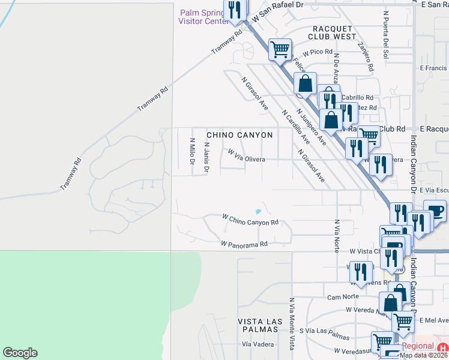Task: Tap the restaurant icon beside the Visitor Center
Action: (234, 10)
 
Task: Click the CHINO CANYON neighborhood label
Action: (240, 136)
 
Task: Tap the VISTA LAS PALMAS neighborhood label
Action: (258, 326)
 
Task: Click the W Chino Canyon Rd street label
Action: (250, 219)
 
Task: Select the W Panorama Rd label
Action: (243, 244)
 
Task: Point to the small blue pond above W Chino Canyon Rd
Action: (258, 211)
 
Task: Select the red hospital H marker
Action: (443, 347)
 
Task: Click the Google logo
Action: (20, 353)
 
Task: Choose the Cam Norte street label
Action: (343, 297)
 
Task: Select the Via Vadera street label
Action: (258, 344)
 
